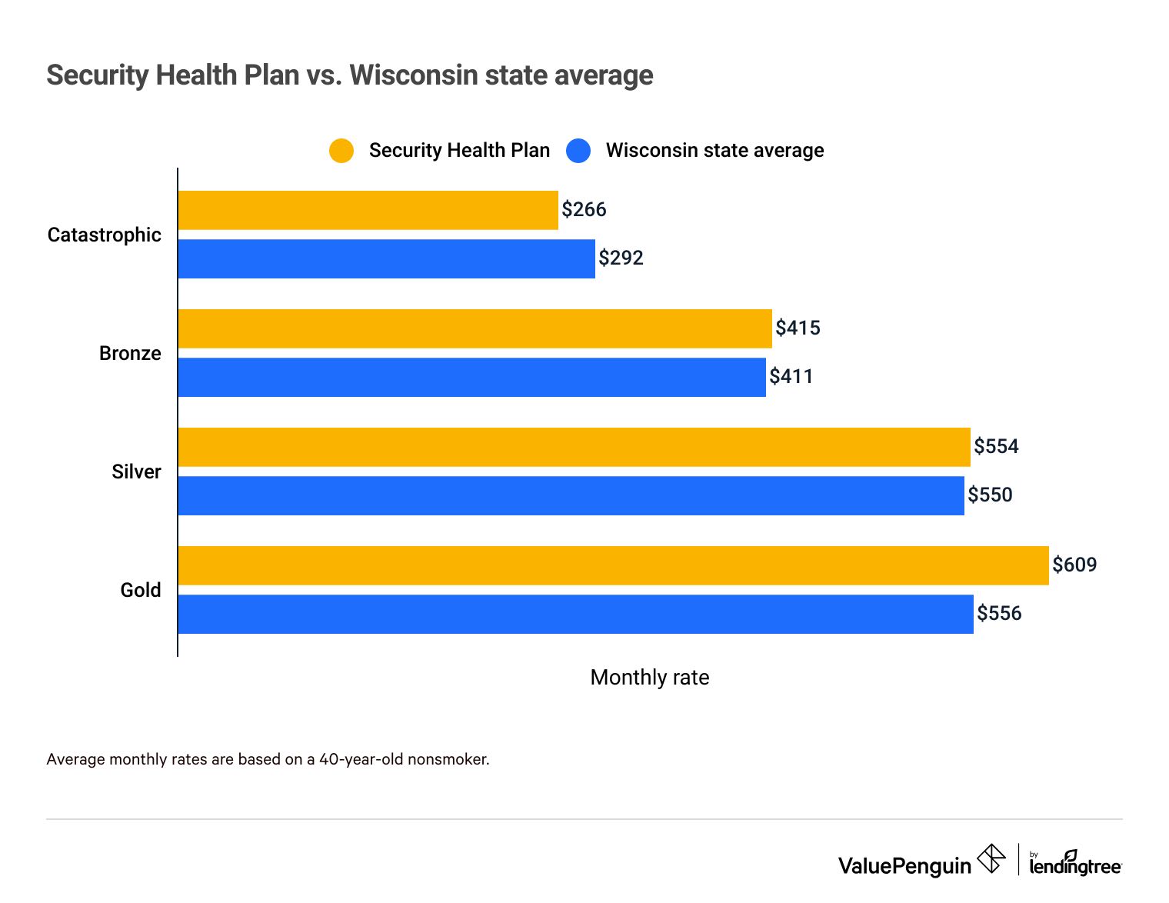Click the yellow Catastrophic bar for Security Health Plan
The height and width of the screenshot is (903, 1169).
[x=368, y=210]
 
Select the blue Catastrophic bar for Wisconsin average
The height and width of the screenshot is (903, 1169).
[x=386, y=258]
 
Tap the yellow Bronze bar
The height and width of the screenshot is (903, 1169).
[x=475, y=328]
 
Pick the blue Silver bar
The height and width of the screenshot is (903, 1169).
[x=571, y=495]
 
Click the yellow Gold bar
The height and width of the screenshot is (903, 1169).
[x=613, y=565]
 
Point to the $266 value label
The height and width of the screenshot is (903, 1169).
[x=584, y=209]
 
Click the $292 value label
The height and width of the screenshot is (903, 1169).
[x=621, y=258]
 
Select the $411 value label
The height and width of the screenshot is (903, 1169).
[x=791, y=376]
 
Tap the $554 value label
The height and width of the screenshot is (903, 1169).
[x=996, y=446]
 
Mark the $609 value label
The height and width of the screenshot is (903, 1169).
[x=1074, y=565]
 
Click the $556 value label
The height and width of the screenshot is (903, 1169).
[x=999, y=613]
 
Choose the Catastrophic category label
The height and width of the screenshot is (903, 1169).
[x=105, y=235]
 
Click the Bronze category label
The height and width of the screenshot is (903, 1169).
[x=130, y=353]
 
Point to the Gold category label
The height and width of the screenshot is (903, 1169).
[x=141, y=590]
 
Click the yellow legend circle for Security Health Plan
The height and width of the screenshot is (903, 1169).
[x=341, y=151]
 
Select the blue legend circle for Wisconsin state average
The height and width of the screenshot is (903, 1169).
[x=578, y=151]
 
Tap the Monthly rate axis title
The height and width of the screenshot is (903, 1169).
[x=649, y=677]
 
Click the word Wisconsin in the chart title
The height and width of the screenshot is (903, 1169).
[x=409, y=75]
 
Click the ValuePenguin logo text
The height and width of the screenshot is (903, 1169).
[x=904, y=866]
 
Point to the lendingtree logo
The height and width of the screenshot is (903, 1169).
[x=1075, y=864]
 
